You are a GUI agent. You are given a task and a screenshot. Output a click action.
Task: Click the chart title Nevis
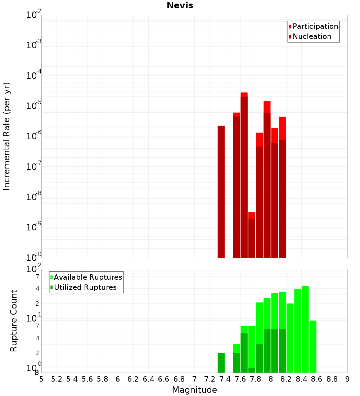[x=180, y=5]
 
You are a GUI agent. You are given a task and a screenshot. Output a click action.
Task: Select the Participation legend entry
[x=315, y=26]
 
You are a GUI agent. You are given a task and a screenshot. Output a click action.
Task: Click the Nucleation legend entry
[x=312, y=36]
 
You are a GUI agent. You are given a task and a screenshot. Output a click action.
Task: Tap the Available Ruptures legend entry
[x=88, y=277]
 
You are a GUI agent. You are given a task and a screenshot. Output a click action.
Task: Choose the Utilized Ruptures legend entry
[x=85, y=287]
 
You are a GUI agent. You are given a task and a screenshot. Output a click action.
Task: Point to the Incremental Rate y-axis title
[x=7, y=136]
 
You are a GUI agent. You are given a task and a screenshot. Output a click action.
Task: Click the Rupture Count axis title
[x=14, y=320]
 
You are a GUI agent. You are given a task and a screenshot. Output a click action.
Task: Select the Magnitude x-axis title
[x=194, y=390]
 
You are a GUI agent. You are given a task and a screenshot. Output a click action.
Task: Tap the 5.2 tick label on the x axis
[x=57, y=379]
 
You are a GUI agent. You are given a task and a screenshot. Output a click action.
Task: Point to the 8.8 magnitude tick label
[x=332, y=379]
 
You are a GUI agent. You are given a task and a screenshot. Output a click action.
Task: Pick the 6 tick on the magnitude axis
[x=118, y=379]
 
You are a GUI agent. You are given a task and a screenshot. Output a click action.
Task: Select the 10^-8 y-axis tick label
[x=34, y=197]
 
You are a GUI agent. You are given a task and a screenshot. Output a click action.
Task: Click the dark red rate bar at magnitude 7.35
[x=221, y=191]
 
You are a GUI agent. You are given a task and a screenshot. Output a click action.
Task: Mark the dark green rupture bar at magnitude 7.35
[x=221, y=363]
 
